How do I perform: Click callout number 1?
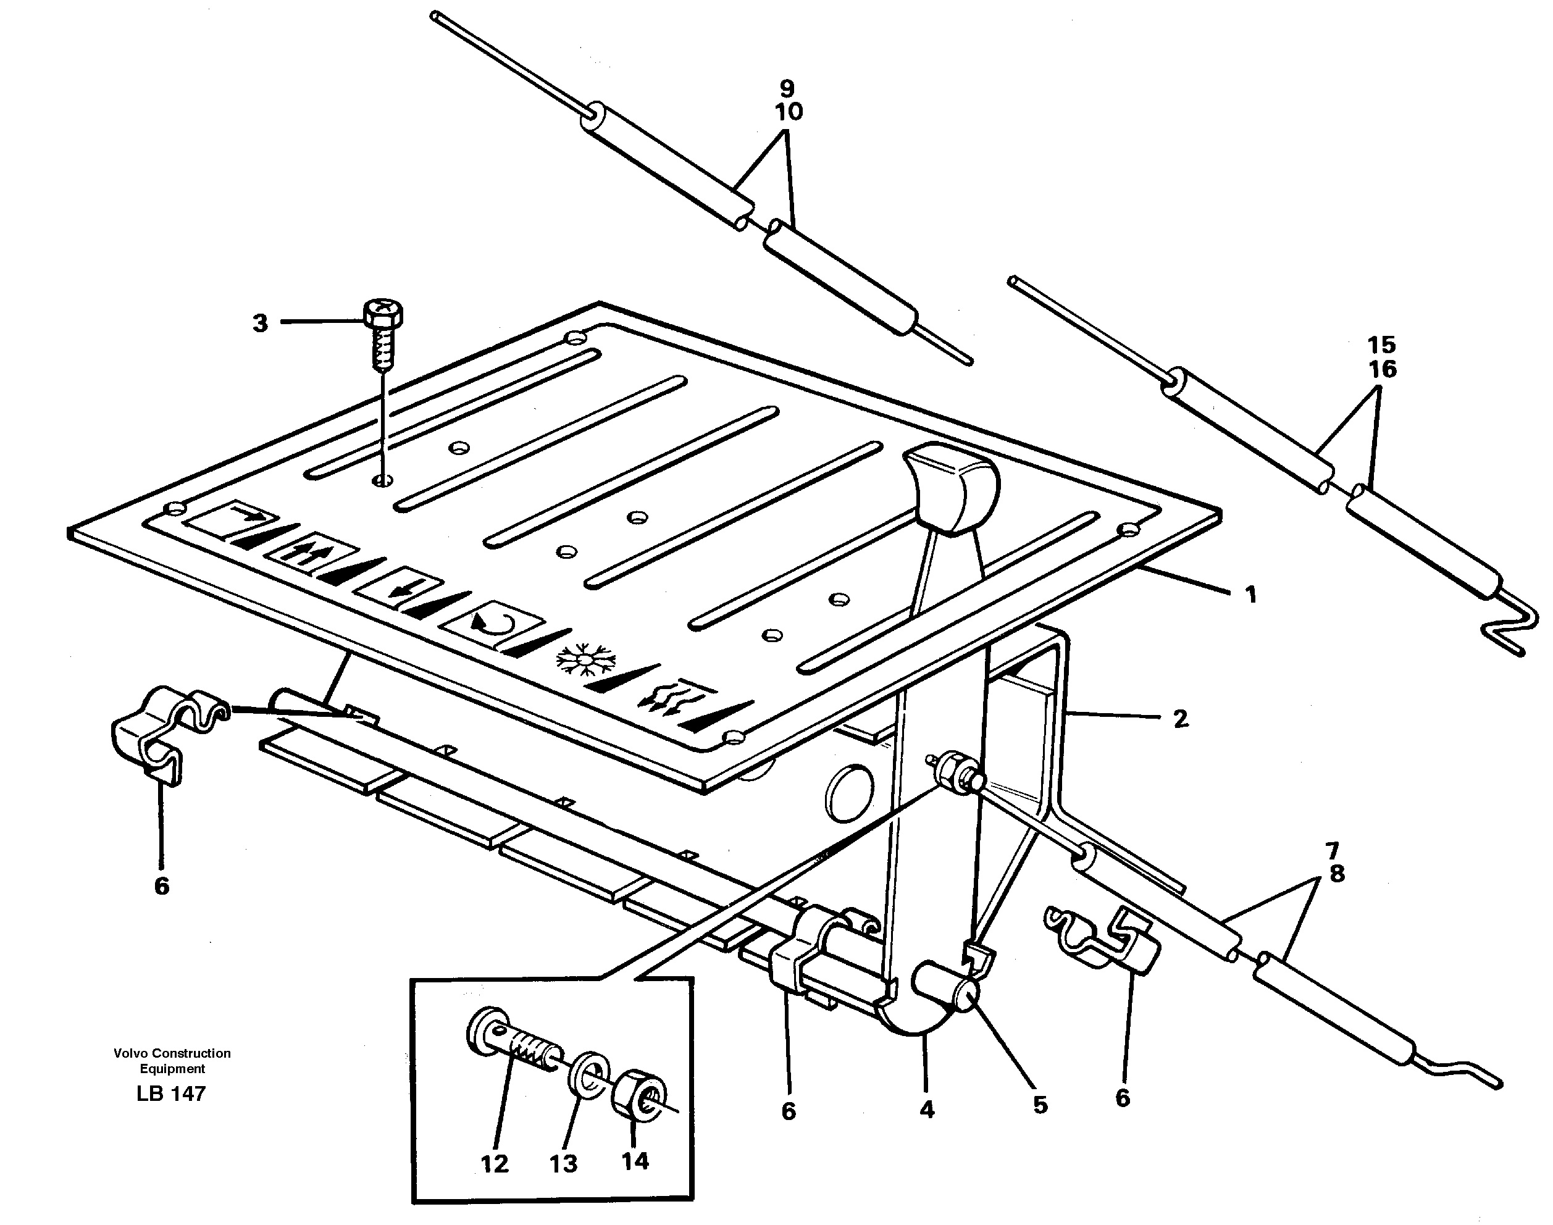(1250, 594)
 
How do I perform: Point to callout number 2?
(1180, 718)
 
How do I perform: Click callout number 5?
(1040, 1105)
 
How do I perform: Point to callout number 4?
(927, 1110)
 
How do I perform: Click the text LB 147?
(170, 1093)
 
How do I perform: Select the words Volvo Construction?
(172, 1053)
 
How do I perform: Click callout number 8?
(1336, 874)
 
